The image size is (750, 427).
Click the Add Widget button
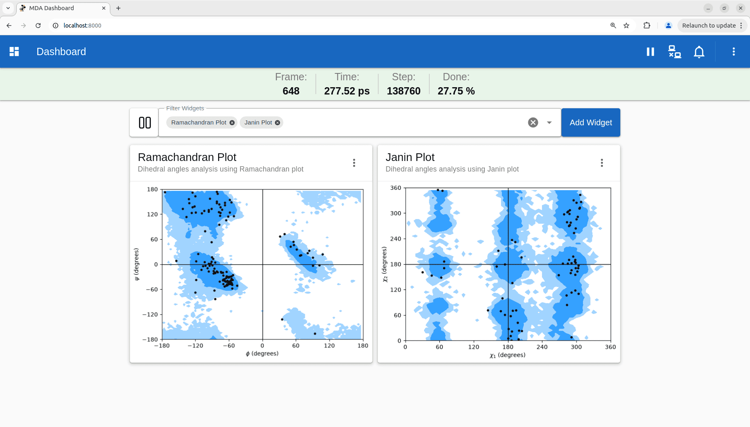pyautogui.click(x=591, y=122)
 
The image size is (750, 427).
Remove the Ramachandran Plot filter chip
pyautogui.click(x=232, y=122)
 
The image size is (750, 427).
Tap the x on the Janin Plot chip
pyautogui.click(x=277, y=122)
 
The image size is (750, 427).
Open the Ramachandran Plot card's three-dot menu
pyautogui.click(x=354, y=163)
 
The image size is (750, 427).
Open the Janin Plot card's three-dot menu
pyautogui.click(x=602, y=163)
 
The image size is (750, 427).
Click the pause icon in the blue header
pyautogui.click(x=650, y=51)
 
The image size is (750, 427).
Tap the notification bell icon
pyautogui.click(x=699, y=52)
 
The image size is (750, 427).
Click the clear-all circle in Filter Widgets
pyautogui.click(x=533, y=122)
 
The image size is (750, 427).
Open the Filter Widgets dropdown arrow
pyautogui.click(x=549, y=122)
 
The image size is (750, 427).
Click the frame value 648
pyautogui.click(x=291, y=91)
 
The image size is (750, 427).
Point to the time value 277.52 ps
pyautogui.click(x=347, y=91)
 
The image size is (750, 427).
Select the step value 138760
pyautogui.click(x=404, y=91)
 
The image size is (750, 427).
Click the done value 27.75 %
pyautogui.click(x=456, y=91)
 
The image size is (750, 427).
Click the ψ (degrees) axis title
pyautogui.click(x=137, y=264)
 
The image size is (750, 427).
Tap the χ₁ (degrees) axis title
pyautogui.click(x=508, y=355)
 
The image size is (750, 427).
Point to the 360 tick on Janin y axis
pyautogui.click(x=396, y=188)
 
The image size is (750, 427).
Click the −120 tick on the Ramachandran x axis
pyautogui.click(x=195, y=345)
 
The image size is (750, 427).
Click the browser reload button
pyautogui.click(x=38, y=26)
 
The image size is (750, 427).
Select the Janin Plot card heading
pyautogui.click(x=410, y=157)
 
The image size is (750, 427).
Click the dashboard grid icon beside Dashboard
pyautogui.click(x=14, y=51)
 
